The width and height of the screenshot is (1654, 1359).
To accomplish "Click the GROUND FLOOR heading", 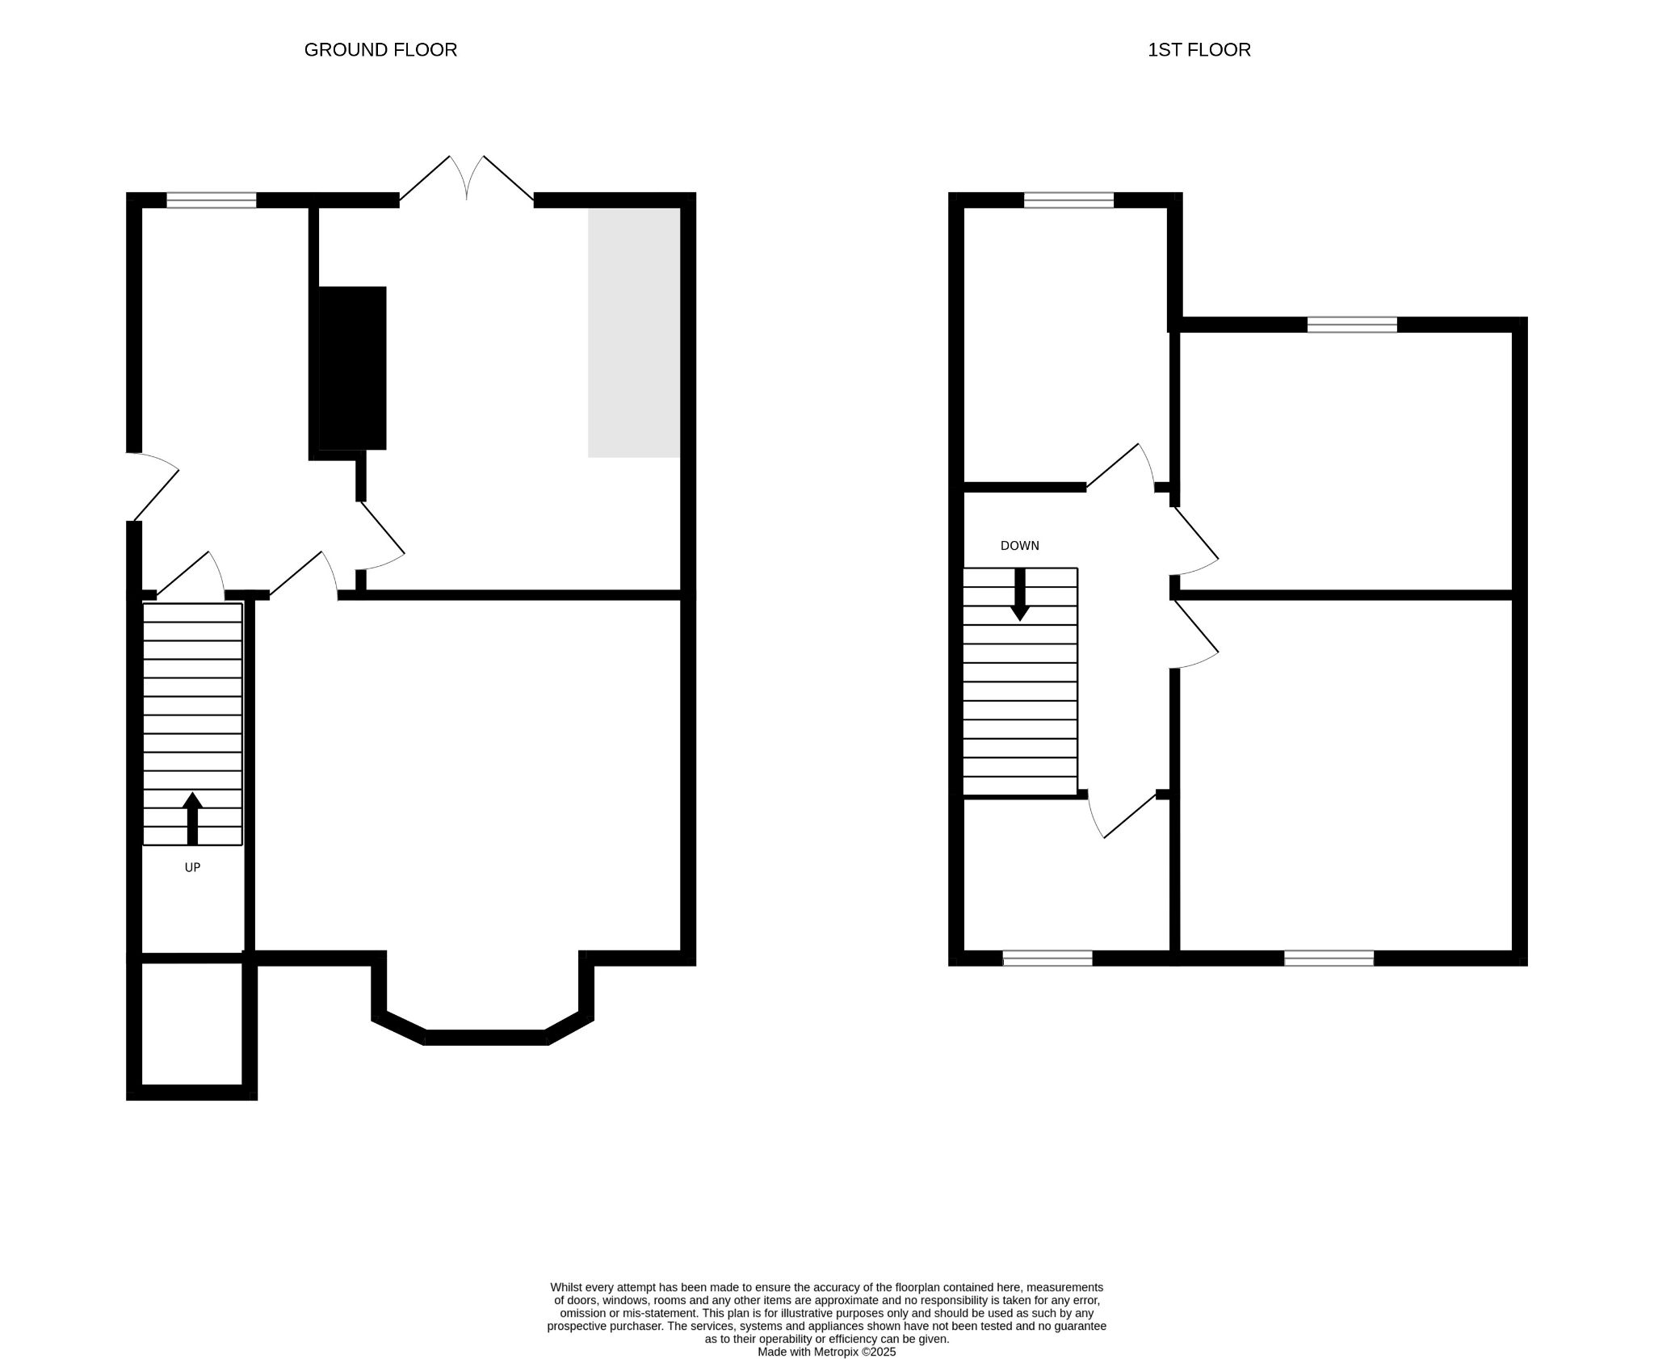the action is [380, 50].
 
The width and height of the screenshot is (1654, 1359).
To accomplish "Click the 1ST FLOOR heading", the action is [1199, 50].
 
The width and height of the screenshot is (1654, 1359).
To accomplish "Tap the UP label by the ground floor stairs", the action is [192, 867].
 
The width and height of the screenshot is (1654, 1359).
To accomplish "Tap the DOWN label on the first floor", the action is [1020, 546].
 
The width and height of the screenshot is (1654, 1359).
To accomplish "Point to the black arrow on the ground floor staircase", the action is [192, 819].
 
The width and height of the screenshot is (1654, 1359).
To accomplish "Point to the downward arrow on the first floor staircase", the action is [1020, 594].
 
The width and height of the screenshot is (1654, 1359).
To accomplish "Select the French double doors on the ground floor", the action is [467, 178].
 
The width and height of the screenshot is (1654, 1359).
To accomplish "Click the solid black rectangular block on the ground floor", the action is [352, 368].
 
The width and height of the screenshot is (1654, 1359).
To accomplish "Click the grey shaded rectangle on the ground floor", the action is [634, 333].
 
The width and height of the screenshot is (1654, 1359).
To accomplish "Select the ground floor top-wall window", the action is [212, 200].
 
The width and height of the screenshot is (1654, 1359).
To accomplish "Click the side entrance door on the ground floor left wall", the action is [153, 486].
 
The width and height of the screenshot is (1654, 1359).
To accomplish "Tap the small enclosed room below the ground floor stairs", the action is [192, 1024].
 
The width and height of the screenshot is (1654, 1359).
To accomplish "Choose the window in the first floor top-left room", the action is [1069, 200].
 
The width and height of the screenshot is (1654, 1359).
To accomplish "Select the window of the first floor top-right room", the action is [1352, 325].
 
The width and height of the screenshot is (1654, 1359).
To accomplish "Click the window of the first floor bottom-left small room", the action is [1047, 958].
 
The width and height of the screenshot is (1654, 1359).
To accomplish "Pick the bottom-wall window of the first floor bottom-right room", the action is [1329, 958].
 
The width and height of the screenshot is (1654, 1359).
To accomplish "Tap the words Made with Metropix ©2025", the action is [827, 1352].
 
